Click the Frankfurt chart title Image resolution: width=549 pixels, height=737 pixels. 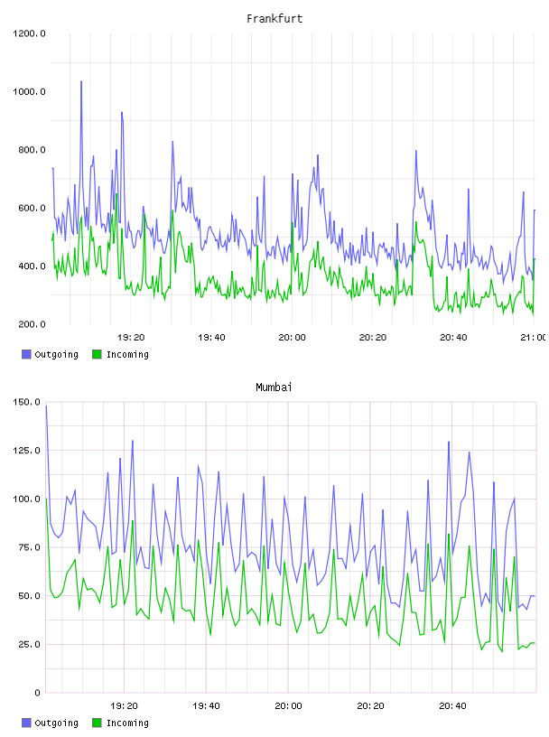[x=274, y=19]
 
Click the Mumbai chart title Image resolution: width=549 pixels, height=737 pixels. [x=274, y=387]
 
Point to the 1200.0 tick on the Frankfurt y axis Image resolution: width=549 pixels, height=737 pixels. [x=29, y=33]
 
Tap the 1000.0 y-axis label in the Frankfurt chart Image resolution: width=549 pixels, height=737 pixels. [x=29, y=91]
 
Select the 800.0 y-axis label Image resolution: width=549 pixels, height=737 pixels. [x=32, y=150]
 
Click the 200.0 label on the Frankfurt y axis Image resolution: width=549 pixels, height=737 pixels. [x=32, y=324]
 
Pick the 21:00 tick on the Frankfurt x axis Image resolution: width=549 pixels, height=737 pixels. [x=534, y=338]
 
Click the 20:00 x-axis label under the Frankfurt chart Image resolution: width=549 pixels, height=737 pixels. [x=292, y=338]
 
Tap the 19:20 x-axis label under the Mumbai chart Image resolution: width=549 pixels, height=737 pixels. [x=124, y=706]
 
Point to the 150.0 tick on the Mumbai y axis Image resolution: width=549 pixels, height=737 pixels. [x=27, y=402]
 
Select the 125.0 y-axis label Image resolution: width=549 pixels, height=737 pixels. [x=27, y=451]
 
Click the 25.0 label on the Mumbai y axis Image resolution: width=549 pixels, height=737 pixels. [x=29, y=644]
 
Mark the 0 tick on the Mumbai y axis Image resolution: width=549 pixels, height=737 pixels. [x=38, y=693]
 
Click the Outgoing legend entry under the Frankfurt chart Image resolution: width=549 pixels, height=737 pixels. [x=50, y=355]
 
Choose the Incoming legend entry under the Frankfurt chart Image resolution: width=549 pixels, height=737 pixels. [x=120, y=355]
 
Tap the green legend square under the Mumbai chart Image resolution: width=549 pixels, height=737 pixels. [x=97, y=723]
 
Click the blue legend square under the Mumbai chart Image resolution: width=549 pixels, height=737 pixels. [x=26, y=723]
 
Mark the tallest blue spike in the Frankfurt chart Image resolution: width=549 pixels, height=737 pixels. [x=81, y=81]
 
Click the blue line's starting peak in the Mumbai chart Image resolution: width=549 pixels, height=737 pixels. [x=46, y=406]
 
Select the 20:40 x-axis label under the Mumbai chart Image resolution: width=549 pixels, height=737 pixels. [x=452, y=706]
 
